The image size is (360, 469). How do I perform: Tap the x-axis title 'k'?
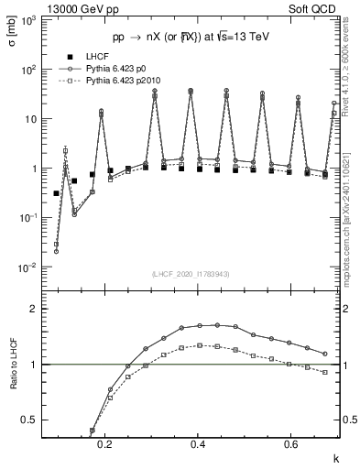(335, 455)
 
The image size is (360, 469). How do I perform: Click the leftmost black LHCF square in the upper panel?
(56, 193)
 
